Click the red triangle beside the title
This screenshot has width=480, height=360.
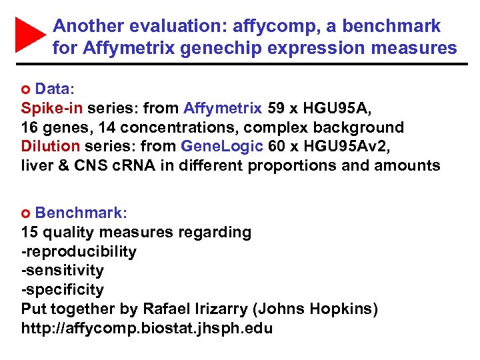(29, 35)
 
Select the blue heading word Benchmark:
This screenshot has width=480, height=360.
(81, 213)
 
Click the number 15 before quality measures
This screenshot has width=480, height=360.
(30, 233)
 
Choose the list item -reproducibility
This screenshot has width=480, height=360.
(79, 251)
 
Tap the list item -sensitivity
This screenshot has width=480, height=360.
(62, 270)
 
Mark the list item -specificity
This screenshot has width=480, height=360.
(62, 289)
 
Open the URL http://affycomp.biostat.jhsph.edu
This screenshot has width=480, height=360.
(147, 328)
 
